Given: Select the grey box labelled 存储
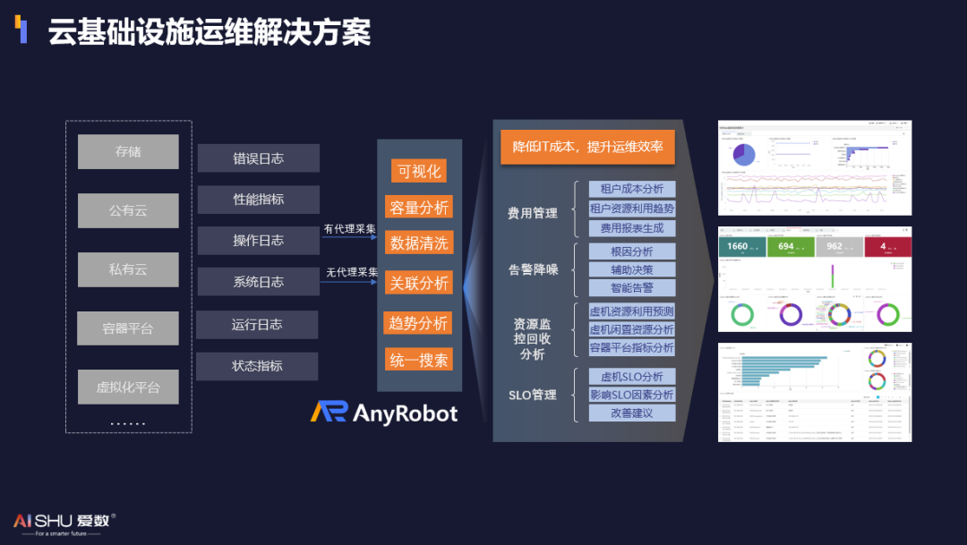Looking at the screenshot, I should [128, 152].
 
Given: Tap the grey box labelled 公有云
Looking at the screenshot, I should [128, 210].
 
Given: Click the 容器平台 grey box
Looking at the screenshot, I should [128, 328].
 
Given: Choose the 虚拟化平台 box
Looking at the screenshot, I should [128, 387].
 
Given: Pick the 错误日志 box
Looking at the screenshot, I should [258, 158].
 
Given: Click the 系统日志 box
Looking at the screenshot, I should [258, 282].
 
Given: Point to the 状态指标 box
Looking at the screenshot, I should [257, 366].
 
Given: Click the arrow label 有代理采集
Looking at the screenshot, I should [349, 229].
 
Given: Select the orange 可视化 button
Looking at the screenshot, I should [419, 171].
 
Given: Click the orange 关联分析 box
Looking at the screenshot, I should [419, 283].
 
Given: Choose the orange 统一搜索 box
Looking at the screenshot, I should [419, 360].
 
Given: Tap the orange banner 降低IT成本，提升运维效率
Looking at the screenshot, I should [586, 147].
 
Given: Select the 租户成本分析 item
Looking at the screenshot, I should [631, 189].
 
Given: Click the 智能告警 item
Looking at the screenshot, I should [631, 288].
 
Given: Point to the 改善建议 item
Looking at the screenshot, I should [631, 413].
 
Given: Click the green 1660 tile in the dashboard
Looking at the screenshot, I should [742, 246].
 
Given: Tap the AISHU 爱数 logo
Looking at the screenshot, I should [64, 522].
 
